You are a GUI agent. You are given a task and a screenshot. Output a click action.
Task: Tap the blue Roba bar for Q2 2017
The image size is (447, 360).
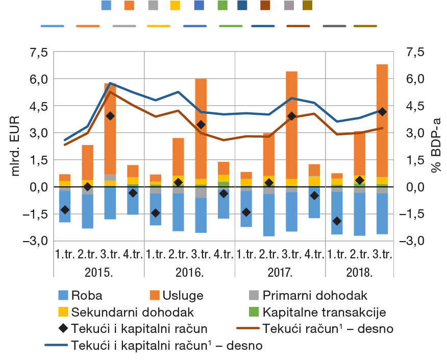point(268,215)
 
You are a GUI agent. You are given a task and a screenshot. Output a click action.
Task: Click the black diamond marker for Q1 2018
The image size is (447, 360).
point(336,221)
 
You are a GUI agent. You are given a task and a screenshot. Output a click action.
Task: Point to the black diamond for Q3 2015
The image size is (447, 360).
point(110,116)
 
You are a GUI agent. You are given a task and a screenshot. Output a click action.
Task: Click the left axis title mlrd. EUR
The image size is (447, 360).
point(15,146)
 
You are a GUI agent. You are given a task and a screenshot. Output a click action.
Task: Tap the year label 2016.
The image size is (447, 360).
point(189,271)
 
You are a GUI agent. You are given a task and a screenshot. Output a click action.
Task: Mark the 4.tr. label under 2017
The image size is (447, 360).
point(313,254)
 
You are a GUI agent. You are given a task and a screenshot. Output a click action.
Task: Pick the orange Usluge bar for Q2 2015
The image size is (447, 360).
point(87,162)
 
